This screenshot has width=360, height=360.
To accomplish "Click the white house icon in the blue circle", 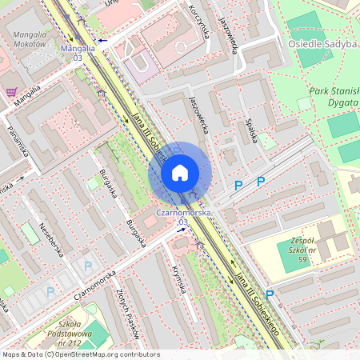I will point(180,173).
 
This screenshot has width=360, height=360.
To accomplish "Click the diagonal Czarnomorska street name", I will point(95,285).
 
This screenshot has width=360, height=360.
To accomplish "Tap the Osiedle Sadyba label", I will point(322,45).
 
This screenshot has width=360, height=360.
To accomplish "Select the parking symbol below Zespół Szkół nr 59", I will point(270,294).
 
